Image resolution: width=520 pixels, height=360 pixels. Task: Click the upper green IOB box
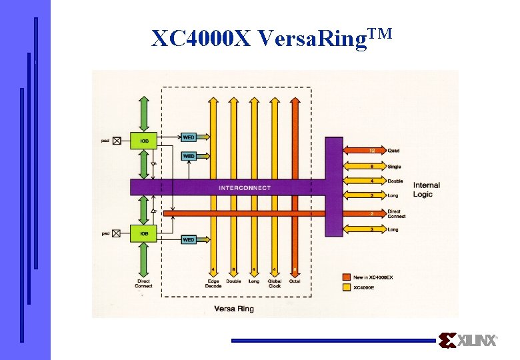tap(144, 141)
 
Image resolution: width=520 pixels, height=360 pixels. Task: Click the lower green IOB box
tap(144, 233)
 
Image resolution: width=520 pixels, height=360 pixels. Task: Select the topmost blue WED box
tap(189, 137)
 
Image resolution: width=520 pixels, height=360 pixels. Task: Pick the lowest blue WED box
tap(189, 239)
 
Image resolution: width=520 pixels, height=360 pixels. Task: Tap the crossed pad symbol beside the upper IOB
tap(117, 141)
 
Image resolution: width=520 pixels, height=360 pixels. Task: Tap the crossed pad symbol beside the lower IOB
tap(117, 233)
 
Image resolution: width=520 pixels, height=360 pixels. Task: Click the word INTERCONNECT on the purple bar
tap(245, 188)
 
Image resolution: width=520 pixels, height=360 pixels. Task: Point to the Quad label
tap(394, 151)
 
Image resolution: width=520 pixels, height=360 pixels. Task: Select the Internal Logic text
tap(426, 189)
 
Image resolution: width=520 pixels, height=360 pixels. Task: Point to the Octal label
tap(295, 281)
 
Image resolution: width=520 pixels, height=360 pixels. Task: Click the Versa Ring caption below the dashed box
tap(234, 309)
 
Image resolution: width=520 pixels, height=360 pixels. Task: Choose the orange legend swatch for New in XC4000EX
tap(346, 277)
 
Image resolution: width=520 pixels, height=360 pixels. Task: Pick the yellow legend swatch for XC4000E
tap(346, 287)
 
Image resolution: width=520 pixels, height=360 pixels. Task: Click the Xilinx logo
tap(468, 341)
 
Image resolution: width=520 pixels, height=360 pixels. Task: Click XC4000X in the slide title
tap(201, 39)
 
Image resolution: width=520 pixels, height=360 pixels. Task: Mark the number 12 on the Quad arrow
tap(372, 151)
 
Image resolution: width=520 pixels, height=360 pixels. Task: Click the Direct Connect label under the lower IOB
tap(143, 283)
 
